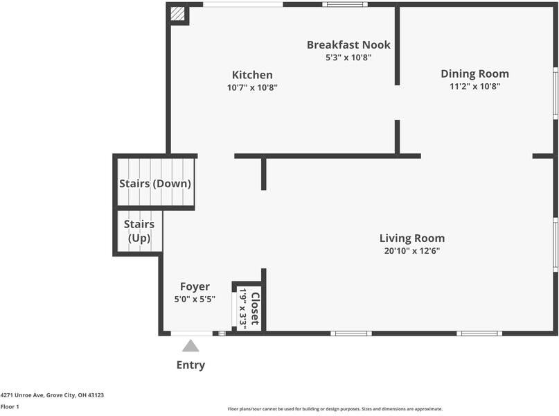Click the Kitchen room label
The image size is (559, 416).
pyautogui.click(x=252, y=75)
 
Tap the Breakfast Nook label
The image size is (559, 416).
pyautogui.click(x=348, y=45)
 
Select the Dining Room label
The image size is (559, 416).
pyautogui.click(x=474, y=73)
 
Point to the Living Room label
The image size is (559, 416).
pyautogui.click(x=411, y=239)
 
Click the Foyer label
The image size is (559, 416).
pyautogui.click(x=195, y=286)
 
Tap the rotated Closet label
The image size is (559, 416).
pyautogui.click(x=255, y=309)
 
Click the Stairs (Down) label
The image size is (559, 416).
pyautogui.click(x=155, y=184)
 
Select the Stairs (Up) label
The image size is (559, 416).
pyautogui.click(x=139, y=232)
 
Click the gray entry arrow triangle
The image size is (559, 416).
pyautogui.click(x=190, y=346)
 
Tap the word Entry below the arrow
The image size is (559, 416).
pyautogui.click(x=190, y=365)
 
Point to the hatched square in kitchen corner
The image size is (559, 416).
pyautogui.click(x=178, y=14)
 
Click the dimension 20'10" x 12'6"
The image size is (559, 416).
pyautogui.click(x=411, y=251)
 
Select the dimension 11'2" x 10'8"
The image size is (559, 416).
pyautogui.click(x=474, y=87)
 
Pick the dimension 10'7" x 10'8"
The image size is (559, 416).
pyautogui.click(x=252, y=87)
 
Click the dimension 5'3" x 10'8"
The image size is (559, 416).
pyautogui.click(x=348, y=58)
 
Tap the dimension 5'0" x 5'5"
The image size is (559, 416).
pyautogui.click(x=195, y=300)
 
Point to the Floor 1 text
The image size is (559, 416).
pyautogui.click(x=10, y=407)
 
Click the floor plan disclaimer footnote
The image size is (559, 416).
pyautogui.click(x=335, y=409)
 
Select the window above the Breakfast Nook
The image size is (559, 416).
pyautogui.click(x=345, y=4)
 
